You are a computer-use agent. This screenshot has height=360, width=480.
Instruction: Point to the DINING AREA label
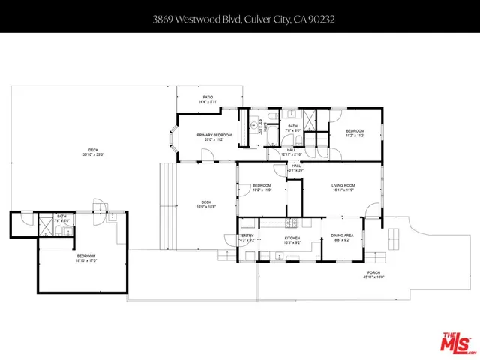point(342,236)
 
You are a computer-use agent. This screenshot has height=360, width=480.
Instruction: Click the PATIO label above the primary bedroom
point(210,97)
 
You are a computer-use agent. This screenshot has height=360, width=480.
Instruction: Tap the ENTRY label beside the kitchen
point(247,236)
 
